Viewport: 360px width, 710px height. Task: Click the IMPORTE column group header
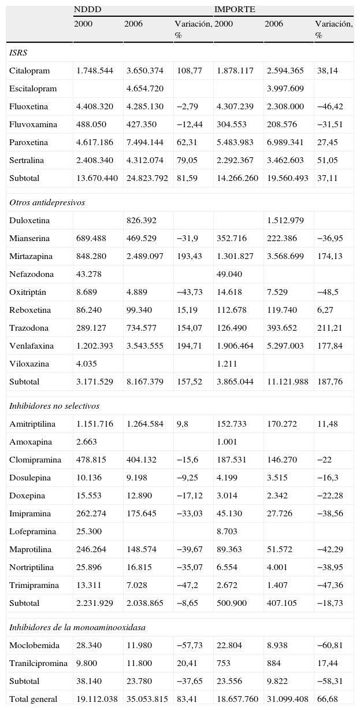click(235, 9)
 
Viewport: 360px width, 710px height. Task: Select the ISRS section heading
click(18, 53)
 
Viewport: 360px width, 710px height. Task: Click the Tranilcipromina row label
click(38, 663)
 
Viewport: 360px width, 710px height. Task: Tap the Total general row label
click(33, 699)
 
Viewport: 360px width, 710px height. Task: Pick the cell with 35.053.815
click(147, 699)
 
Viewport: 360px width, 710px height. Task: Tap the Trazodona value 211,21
click(329, 328)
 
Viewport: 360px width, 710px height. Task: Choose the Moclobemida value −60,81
click(330, 645)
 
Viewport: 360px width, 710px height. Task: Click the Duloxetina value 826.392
click(141, 220)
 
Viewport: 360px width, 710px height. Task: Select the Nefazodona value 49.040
click(229, 274)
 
